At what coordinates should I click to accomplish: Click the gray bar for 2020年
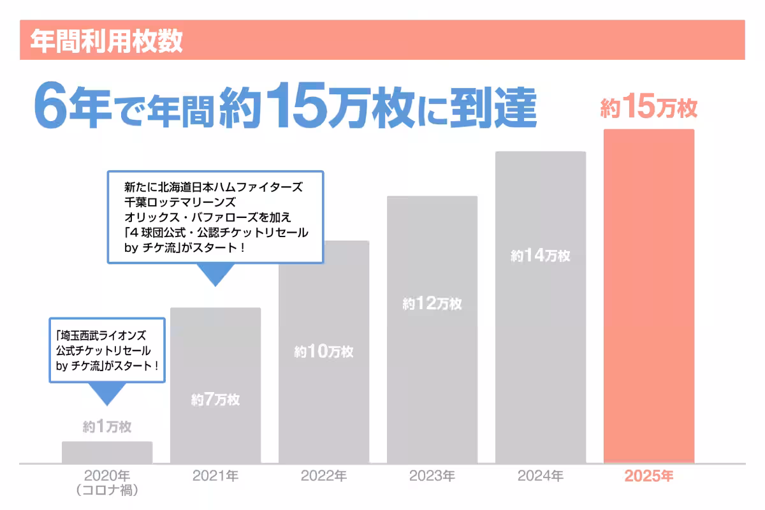[107, 452]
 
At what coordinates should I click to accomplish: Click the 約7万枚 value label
[215, 400]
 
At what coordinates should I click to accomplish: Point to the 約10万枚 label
[324, 351]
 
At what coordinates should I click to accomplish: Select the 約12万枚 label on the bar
[432, 304]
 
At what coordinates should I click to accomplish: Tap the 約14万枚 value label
[541, 256]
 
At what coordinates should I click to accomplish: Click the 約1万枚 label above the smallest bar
[107, 426]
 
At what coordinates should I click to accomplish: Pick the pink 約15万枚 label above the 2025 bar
[649, 109]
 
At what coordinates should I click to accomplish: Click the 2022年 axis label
[324, 476]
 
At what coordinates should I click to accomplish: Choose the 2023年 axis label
[432, 476]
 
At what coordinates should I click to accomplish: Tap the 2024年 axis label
[541, 476]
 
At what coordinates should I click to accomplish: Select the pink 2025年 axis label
[649, 476]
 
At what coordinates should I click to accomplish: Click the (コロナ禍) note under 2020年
[107, 491]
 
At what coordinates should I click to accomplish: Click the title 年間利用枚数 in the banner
[106, 40]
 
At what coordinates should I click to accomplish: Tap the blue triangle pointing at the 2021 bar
[215, 274]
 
